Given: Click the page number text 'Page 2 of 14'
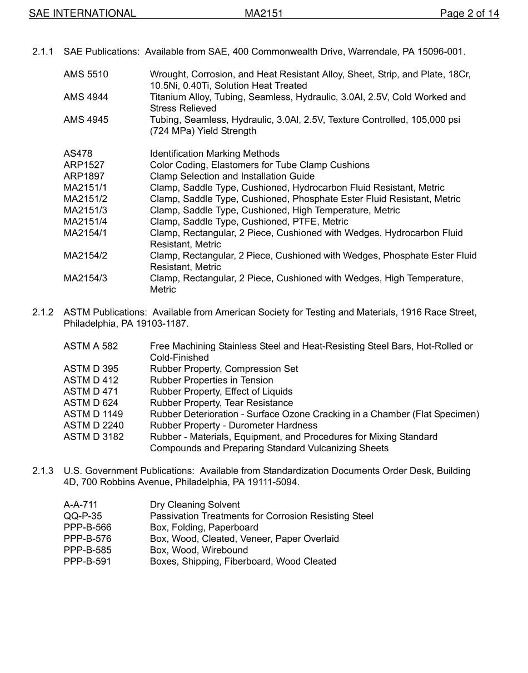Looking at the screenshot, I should [469, 13].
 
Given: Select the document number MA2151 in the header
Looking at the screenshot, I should [264, 13].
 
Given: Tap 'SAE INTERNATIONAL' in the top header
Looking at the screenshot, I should [82, 13].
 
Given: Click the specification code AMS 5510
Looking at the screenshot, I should [86, 74].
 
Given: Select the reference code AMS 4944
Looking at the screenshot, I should [86, 97].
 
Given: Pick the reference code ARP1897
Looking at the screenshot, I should [84, 177].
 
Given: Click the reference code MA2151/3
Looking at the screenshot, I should [85, 211].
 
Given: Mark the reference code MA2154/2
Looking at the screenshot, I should [85, 256].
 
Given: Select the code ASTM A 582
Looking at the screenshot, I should [91, 346].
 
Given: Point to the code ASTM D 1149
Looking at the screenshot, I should [93, 414].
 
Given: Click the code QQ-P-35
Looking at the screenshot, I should [83, 516].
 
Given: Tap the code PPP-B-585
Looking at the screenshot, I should [87, 550].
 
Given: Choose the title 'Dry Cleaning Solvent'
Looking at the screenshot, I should [195, 505].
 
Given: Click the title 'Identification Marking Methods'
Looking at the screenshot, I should [215, 154].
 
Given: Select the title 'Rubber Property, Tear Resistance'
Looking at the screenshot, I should [221, 403].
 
